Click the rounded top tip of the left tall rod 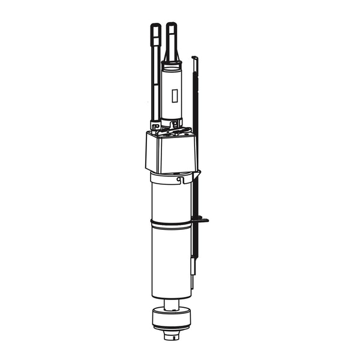pos(154,26)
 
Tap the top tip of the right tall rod pos(172,26)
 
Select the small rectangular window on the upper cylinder pos(174,96)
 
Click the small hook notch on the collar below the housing pos(179,178)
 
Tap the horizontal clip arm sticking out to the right pos(202,220)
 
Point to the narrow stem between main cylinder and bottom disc pos(172,304)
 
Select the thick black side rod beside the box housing pos(196,150)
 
